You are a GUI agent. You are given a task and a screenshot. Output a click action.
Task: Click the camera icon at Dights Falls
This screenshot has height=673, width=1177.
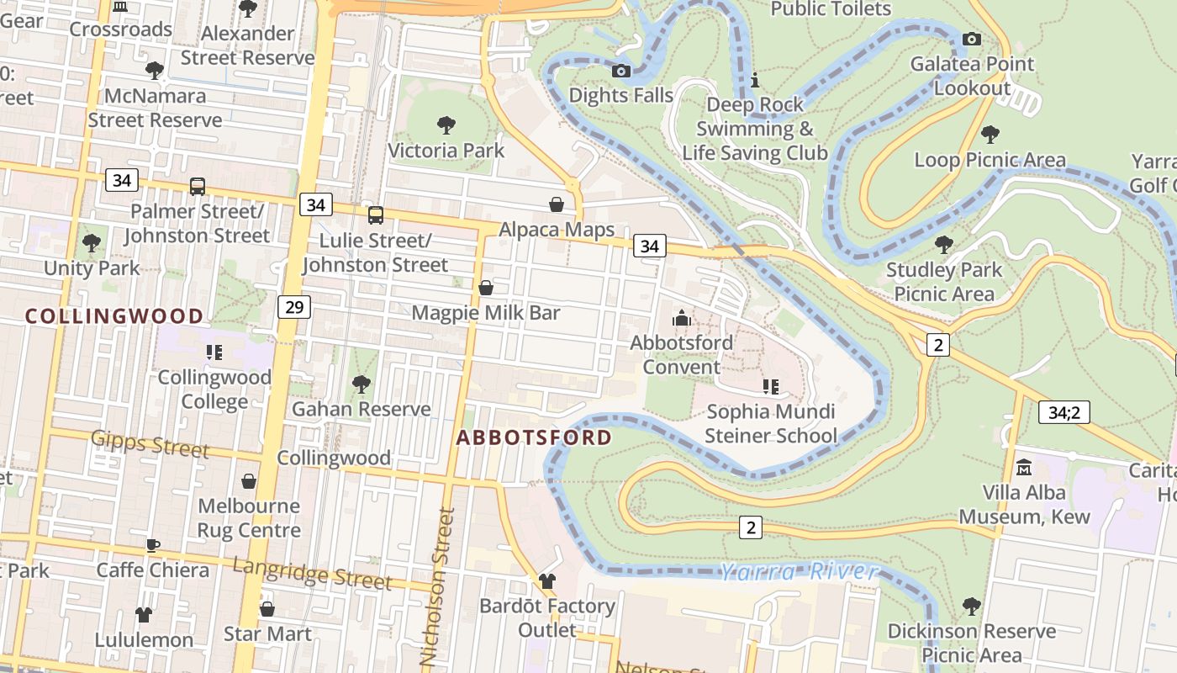click(621, 71)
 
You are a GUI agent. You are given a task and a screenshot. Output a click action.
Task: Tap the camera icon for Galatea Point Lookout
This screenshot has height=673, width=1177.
click(971, 39)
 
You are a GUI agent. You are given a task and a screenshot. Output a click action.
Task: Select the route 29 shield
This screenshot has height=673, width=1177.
click(293, 307)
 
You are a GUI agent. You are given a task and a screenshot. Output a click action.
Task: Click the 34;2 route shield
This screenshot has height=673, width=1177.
click(1064, 412)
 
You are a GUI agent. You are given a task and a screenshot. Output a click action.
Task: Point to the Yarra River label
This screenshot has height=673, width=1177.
click(798, 572)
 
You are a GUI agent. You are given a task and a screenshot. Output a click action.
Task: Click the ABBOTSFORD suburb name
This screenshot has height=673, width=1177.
click(534, 437)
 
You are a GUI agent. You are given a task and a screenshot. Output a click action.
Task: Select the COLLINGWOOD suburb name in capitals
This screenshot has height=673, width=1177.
click(114, 316)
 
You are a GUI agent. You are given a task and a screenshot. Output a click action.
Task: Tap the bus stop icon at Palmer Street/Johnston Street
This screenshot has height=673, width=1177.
click(198, 186)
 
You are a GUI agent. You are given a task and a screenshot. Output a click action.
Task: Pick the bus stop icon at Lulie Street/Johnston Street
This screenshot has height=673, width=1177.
click(376, 215)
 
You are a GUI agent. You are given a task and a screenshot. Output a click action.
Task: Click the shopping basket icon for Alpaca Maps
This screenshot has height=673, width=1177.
click(556, 204)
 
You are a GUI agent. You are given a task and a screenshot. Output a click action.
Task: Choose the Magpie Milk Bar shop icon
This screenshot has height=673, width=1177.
click(485, 288)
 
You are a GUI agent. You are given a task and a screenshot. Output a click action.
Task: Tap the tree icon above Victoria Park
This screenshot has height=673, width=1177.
click(446, 125)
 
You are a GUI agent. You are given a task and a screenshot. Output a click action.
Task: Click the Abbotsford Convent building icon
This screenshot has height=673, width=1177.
click(681, 318)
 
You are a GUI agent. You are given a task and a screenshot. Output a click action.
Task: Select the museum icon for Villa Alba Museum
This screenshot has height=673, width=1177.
click(1024, 467)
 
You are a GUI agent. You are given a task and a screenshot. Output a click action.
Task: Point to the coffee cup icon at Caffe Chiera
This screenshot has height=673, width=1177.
click(152, 545)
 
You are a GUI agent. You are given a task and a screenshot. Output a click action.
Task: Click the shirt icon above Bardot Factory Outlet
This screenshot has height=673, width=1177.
click(547, 580)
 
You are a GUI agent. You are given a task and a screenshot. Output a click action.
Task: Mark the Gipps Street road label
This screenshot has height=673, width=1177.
click(150, 443)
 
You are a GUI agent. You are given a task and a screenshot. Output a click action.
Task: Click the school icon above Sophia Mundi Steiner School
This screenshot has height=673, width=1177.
click(770, 387)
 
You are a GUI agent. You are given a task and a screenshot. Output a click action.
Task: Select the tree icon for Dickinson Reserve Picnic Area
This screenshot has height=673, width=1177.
click(971, 606)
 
